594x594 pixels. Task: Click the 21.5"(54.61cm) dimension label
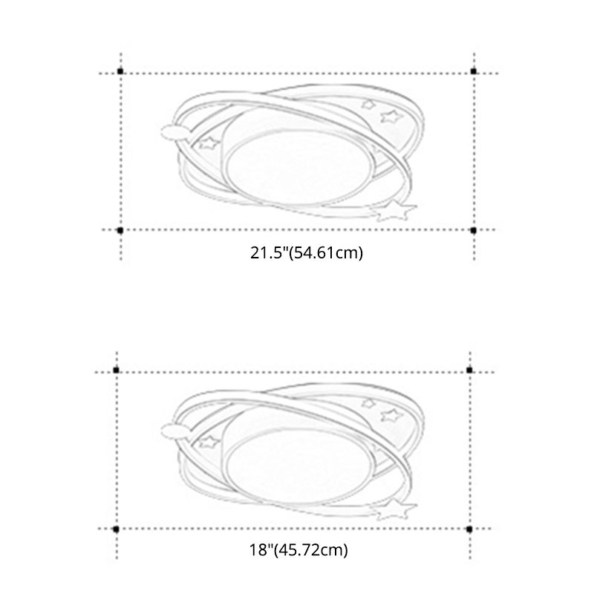point(306,254)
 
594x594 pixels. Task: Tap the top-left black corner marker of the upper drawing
point(120,71)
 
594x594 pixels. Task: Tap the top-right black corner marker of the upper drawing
point(473,71)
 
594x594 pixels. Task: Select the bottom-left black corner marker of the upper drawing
point(120,230)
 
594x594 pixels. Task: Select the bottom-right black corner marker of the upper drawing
point(473,230)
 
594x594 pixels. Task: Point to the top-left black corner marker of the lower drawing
point(116,369)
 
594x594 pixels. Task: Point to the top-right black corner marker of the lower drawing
point(469,369)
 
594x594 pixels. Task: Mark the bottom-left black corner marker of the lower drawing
point(116,529)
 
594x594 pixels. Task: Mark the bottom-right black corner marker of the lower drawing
point(469,529)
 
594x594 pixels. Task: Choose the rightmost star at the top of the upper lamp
point(389,115)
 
